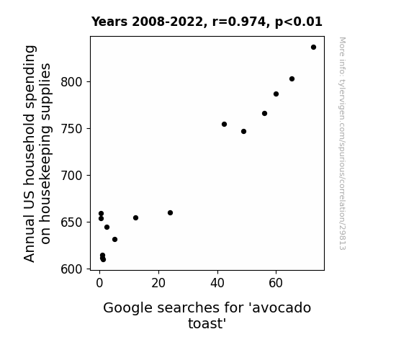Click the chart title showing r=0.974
tap(207, 22)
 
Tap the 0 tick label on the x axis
tap(99, 283)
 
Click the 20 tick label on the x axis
tap(158, 283)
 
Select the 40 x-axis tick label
tap(217, 283)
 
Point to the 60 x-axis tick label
tap(276, 283)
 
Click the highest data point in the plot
tap(313, 48)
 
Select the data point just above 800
tap(292, 79)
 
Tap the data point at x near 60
tap(276, 94)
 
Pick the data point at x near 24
tap(171, 213)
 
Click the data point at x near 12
tap(135, 218)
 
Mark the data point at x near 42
tap(224, 124)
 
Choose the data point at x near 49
tap(243, 132)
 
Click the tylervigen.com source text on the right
tap(342, 143)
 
